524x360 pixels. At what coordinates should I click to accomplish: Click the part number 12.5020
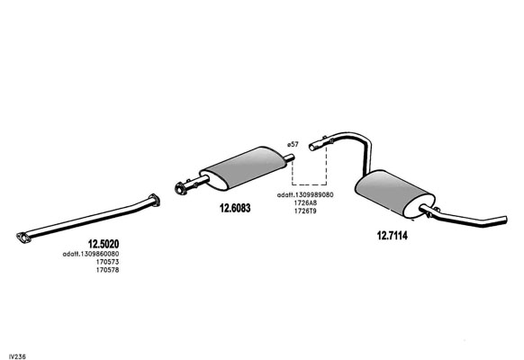104,244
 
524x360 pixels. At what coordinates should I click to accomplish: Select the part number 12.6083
235,208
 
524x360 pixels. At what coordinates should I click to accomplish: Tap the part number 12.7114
393,236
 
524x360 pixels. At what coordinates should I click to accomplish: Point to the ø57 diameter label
293,144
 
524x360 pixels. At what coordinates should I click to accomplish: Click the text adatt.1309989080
305,194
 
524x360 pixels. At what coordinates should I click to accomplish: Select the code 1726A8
305,202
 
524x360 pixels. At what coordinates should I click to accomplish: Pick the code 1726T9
305,211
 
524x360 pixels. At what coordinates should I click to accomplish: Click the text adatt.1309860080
91,254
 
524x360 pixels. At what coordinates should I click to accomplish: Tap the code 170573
108,262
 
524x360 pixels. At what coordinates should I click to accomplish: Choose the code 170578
108,270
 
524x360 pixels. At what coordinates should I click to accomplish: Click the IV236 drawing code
17,356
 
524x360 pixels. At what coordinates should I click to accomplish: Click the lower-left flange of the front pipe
23,238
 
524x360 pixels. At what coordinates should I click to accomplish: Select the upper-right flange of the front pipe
154,200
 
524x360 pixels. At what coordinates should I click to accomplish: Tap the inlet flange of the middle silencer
181,189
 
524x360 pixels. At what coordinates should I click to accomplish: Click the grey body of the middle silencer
246,167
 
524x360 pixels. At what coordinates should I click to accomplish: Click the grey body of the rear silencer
394,193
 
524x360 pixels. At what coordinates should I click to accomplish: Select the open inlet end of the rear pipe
312,147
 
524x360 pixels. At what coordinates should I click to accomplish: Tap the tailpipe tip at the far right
505,220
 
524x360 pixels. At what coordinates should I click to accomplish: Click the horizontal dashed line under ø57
309,184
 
